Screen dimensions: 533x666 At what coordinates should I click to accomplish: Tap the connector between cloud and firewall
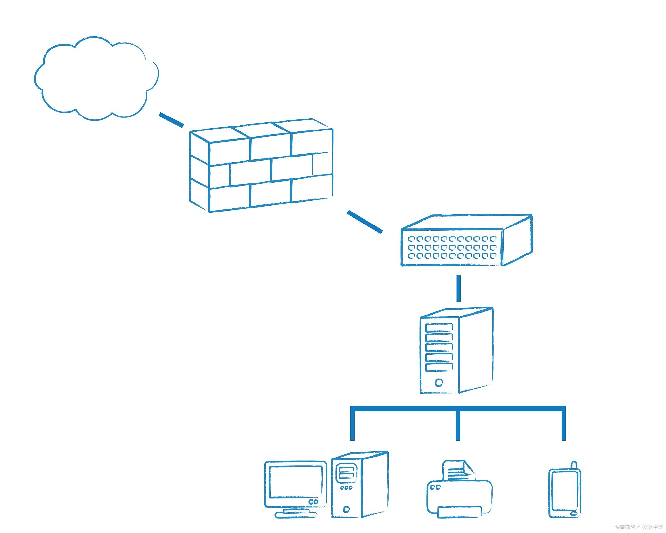(x=171, y=119)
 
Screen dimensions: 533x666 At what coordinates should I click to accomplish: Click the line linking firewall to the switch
(x=365, y=222)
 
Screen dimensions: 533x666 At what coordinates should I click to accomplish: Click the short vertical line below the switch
(x=459, y=288)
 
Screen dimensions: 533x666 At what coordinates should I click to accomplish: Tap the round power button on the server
(x=439, y=382)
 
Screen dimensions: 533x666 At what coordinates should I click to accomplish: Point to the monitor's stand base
(x=296, y=514)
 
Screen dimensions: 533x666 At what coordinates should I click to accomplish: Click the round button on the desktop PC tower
(x=346, y=509)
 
